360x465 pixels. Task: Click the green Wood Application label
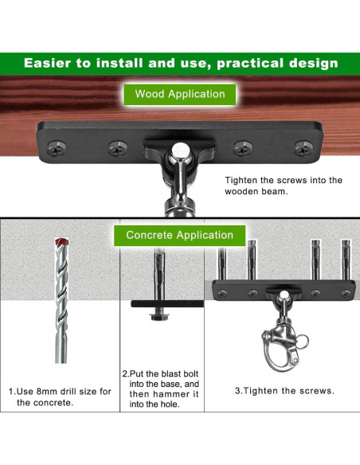[180, 95]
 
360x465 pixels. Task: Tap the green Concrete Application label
[180, 236]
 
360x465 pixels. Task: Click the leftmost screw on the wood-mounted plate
[57, 148]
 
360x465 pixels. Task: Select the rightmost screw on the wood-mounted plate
[303, 148]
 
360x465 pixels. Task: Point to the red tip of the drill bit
[61, 242]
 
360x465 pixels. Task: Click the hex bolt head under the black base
[159, 316]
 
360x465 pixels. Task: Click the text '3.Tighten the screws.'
[284, 391]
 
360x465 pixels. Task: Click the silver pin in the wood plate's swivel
[180, 150]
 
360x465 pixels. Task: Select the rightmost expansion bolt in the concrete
[346, 260]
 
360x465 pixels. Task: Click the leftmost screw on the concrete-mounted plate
[221, 293]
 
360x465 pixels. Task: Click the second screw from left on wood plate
[117, 148]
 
